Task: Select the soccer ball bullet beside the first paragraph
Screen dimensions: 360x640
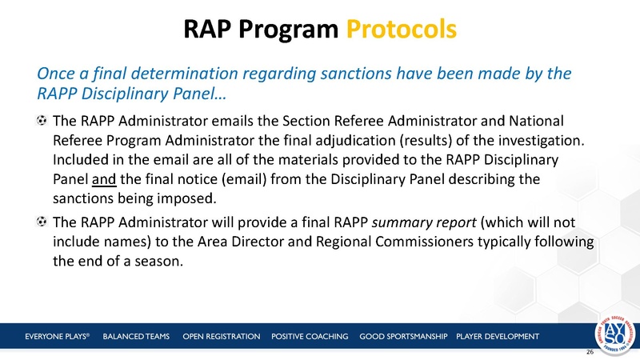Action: point(41,122)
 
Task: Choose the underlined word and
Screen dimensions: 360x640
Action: point(103,178)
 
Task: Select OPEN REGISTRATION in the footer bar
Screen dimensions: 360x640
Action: point(221,336)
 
